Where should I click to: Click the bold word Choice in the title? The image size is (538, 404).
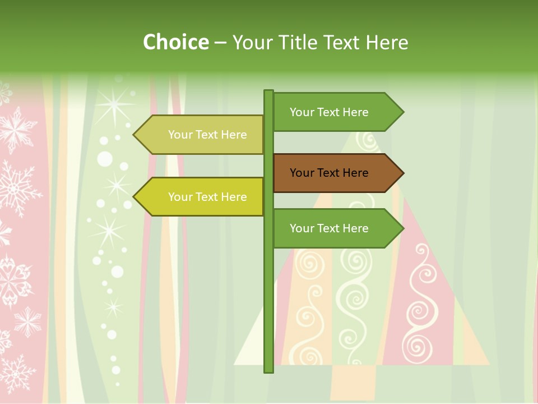[175, 43]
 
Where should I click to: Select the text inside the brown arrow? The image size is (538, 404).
[329, 173]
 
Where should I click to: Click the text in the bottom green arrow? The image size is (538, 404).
[329, 228]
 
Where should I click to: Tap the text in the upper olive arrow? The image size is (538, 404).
[207, 135]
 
